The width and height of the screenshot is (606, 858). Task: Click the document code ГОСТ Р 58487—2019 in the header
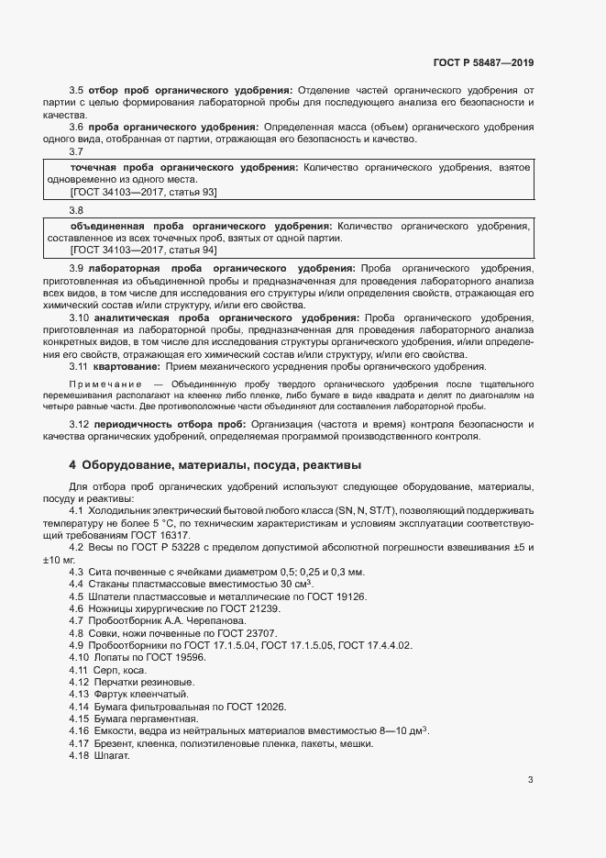(x=483, y=62)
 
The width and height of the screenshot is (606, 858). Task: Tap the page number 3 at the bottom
(x=530, y=780)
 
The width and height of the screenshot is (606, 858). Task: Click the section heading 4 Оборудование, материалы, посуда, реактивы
(x=215, y=463)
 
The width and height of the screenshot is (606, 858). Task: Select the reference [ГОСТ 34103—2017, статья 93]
(x=144, y=192)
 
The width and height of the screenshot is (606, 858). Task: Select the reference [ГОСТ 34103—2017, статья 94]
(x=144, y=250)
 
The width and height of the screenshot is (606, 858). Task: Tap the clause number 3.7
(x=76, y=152)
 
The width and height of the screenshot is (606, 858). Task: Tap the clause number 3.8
(x=76, y=210)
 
